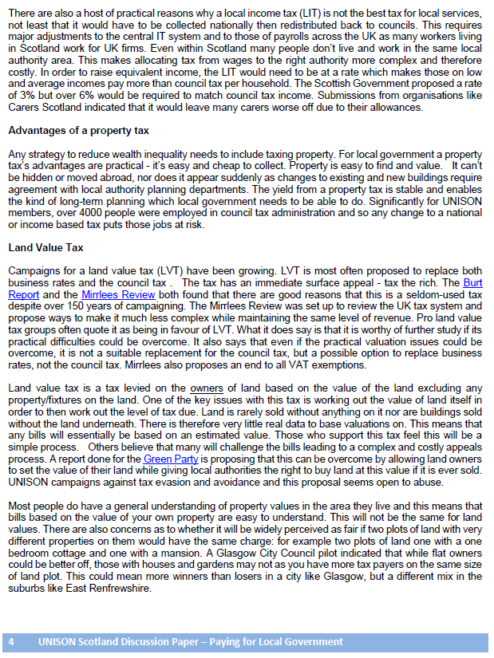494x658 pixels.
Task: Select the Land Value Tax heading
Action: pos(46,248)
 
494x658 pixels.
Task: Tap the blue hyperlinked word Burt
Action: pos(472,282)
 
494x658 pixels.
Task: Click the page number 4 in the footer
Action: pos(11,642)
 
